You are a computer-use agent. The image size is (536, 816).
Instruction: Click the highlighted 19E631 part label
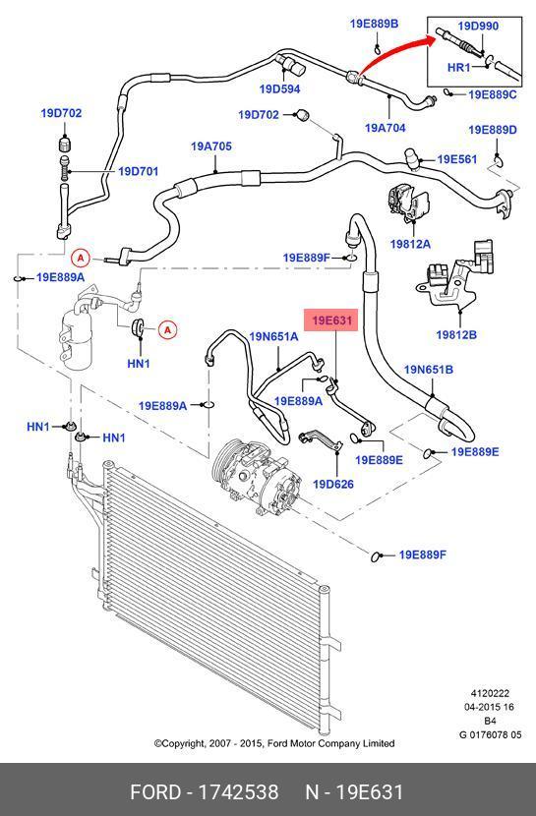[x=332, y=321]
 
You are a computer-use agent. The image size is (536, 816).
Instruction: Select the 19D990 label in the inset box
[x=478, y=26]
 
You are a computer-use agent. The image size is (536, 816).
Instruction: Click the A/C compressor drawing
[x=256, y=477]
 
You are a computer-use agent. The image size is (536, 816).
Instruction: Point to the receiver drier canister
[x=77, y=338]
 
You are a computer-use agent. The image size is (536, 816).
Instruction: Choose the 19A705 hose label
[x=210, y=146]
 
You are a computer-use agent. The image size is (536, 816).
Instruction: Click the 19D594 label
[x=279, y=89]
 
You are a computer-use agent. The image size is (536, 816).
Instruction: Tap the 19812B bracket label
[x=456, y=334]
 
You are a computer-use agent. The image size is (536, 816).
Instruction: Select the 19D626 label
[x=333, y=484]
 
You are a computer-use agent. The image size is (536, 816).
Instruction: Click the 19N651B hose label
[x=428, y=370]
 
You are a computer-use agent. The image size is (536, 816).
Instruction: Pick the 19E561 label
[x=457, y=159]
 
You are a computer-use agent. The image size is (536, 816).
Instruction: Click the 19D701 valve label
[x=138, y=171]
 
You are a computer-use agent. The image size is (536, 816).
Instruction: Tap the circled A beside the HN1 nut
[x=167, y=329]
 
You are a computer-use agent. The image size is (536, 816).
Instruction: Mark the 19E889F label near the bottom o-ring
[x=422, y=554]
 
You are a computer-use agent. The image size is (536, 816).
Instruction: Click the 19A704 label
[x=386, y=128]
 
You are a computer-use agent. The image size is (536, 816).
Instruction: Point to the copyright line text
[x=274, y=743]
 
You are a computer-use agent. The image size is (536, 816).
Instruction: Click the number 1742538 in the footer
[x=239, y=792]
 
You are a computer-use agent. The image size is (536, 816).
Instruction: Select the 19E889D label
[x=493, y=130]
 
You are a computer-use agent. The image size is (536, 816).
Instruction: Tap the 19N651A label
[x=273, y=336]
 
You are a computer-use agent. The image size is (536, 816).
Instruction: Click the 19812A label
[x=410, y=244]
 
